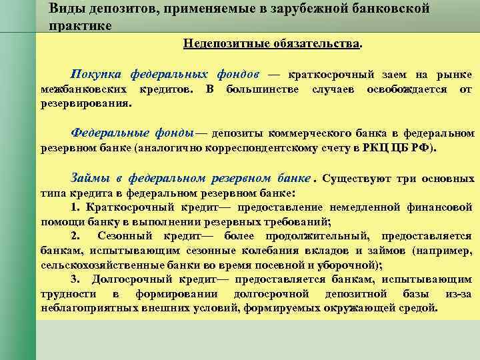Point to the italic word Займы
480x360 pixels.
(x=89, y=178)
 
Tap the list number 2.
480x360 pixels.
(x=74, y=237)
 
